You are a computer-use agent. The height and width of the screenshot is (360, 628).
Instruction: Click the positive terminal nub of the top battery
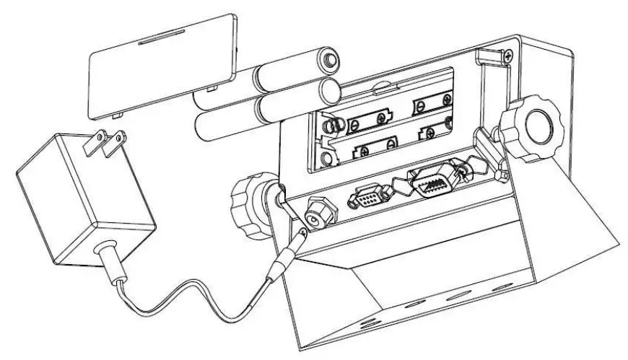point(331,57)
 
